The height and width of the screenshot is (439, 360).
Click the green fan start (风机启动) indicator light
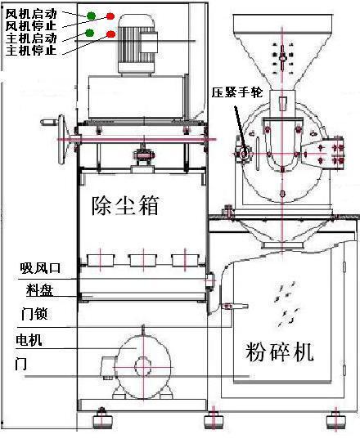pyautogui.click(x=91, y=16)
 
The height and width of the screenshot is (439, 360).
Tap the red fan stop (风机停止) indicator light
pyautogui.click(x=110, y=16)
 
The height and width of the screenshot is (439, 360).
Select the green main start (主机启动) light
pyautogui.click(x=89, y=33)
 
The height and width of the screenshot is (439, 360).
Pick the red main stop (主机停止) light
pyautogui.click(x=111, y=34)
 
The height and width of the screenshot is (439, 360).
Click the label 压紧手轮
pyautogui.click(x=237, y=92)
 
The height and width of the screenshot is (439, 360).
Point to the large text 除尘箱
pyautogui.click(x=125, y=205)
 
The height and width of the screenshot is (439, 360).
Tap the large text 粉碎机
pyautogui.click(x=279, y=352)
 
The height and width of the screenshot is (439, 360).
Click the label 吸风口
pyautogui.click(x=40, y=268)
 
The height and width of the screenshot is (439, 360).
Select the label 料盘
pyautogui.click(x=39, y=290)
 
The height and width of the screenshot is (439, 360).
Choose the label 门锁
pyautogui.click(x=34, y=314)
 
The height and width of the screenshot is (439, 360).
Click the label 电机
pyautogui.click(x=29, y=340)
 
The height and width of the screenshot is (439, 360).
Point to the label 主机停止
pyautogui.click(x=31, y=51)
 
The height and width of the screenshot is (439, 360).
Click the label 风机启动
pyautogui.click(x=31, y=14)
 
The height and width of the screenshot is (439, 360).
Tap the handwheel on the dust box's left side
pyautogui.click(x=61, y=140)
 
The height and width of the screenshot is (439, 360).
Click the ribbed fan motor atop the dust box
pyautogui.click(x=137, y=45)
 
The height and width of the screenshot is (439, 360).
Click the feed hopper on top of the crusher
pyautogui.click(x=283, y=52)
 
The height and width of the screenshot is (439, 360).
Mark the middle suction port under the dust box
pyautogui.click(x=143, y=261)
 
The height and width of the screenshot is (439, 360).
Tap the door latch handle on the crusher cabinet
pyautogui.click(x=235, y=307)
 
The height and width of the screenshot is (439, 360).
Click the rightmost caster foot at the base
pyautogui.click(x=335, y=419)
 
